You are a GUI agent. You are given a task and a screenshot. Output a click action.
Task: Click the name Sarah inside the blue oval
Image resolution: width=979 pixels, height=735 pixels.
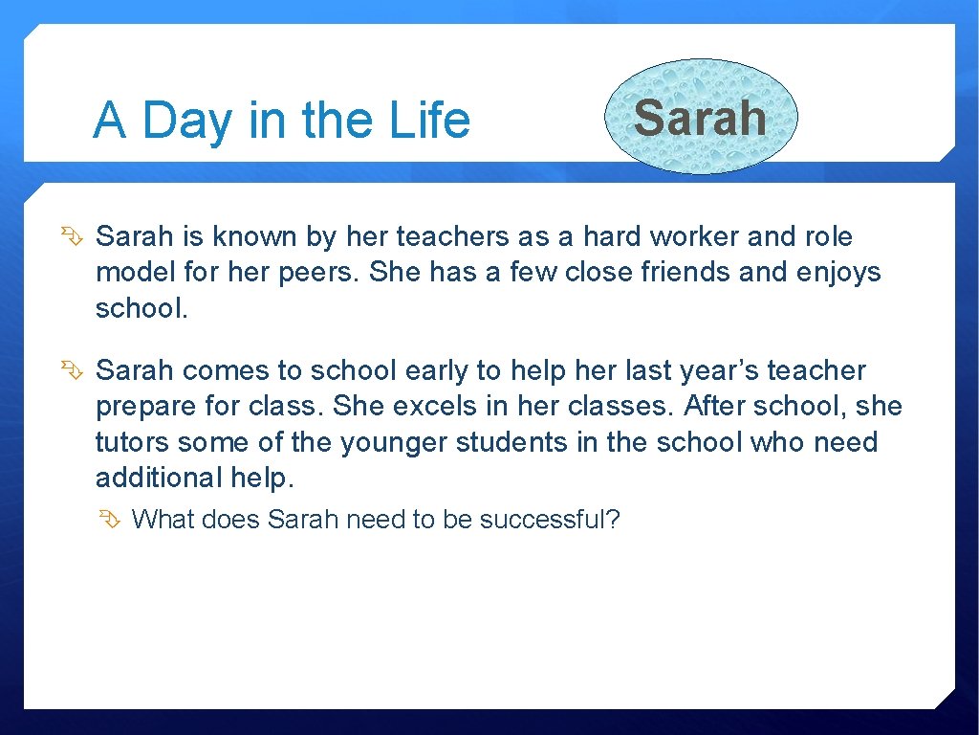pyautogui.click(x=700, y=118)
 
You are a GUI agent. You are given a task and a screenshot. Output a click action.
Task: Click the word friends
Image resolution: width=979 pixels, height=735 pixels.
pyautogui.click(x=686, y=273)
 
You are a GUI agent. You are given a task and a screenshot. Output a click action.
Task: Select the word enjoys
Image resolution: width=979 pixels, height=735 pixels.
pyautogui.click(x=838, y=274)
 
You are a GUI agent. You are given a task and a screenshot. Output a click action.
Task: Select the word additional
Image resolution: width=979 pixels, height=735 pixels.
pyautogui.click(x=159, y=478)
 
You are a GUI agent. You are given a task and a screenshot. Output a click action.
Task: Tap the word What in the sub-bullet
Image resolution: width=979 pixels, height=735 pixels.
pyautogui.click(x=162, y=520)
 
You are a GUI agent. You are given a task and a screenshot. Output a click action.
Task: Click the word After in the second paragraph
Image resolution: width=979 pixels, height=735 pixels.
pyautogui.click(x=714, y=406)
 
